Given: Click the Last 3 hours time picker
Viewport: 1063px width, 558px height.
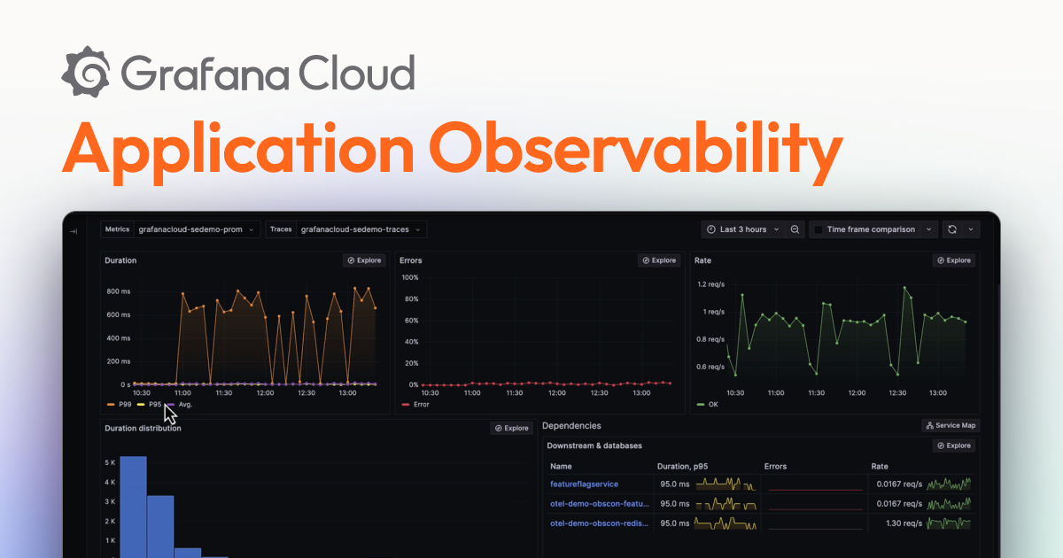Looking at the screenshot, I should (742, 229).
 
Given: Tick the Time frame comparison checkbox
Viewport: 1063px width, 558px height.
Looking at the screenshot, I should (819, 229).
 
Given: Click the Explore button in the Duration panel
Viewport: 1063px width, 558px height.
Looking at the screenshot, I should (364, 260).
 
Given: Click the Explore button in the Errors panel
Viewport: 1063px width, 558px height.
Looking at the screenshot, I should (659, 260).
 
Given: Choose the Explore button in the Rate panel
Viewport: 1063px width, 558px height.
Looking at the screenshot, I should (953, 260).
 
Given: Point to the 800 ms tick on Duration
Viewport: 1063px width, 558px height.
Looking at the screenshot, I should (119, 291).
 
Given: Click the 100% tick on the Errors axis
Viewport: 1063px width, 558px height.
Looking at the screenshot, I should (411, 277).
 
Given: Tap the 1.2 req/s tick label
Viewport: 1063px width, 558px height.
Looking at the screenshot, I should (711, 284).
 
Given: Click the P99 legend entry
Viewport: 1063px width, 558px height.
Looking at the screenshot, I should (122, 404).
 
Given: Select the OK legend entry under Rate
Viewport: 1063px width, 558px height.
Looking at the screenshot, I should (708, 404).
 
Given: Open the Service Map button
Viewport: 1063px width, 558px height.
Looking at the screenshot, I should (950, 425).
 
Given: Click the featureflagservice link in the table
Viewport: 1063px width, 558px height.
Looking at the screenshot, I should (585, 484).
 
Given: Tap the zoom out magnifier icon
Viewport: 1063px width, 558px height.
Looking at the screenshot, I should (795, 229).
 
